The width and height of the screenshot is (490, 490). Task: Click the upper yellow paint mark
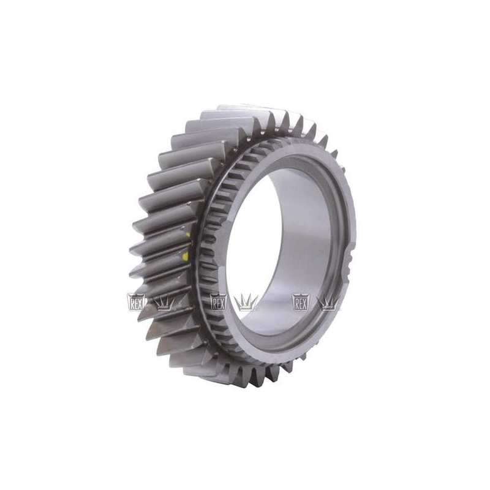point(187,235)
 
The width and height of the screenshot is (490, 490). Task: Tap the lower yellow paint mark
point(186,257)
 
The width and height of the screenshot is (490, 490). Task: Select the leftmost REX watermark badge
point(136,302)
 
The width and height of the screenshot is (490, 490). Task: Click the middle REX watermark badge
point(219,302)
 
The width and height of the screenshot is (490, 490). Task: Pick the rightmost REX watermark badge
point(301,302)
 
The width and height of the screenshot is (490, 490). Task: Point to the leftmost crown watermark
point(164,303)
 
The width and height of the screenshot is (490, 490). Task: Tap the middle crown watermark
point(246,303)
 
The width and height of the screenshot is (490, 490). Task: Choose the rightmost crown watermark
point(328,303)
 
